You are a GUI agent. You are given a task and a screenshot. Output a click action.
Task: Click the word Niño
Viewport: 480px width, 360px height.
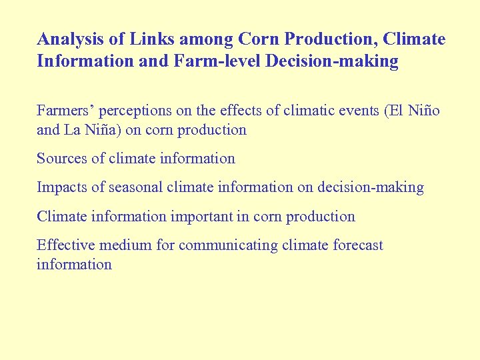pos(424,111)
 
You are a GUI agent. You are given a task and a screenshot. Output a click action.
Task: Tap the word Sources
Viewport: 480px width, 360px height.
pos(61,159)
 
